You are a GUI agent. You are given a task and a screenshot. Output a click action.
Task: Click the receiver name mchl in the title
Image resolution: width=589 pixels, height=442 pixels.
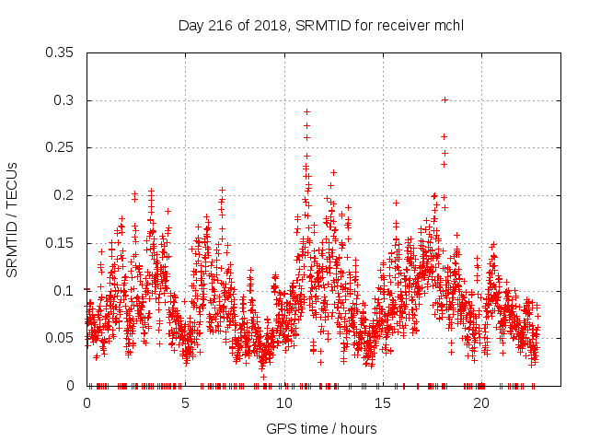[x=448, y=26]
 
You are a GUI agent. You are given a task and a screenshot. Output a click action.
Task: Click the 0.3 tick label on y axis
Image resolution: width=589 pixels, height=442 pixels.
[x=66, y=100]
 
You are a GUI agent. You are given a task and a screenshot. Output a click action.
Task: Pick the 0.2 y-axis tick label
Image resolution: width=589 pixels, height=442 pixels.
[x=66, y=195]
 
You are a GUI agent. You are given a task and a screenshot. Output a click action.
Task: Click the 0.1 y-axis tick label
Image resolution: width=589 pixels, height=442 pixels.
[x=66, y=291]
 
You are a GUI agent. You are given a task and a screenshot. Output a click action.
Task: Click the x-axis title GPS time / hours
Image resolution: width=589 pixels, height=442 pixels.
[x=321, y=428]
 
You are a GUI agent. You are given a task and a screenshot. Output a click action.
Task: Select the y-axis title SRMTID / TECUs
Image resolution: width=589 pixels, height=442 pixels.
[x=13, y=218]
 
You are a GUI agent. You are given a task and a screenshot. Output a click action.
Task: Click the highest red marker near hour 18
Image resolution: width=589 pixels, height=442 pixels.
[x=445, y=99]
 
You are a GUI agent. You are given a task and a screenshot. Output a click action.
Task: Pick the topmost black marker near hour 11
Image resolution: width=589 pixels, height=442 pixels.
[x=306, y=111]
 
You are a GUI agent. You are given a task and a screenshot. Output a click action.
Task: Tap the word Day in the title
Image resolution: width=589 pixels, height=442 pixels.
[x=190, y=26]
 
